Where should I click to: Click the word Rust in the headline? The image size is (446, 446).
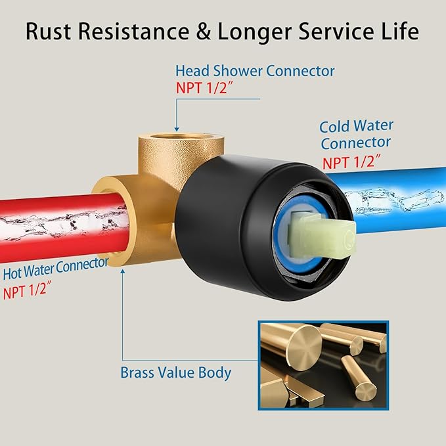pyautogui.click(x=48, y=31)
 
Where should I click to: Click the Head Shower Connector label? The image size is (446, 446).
pyautogui.click(x=255, y=71)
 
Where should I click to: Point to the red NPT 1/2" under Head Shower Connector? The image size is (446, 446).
pyautogui.click(x=204, y=87)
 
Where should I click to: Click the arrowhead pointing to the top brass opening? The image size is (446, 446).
pyautogui.click(x=177, y=129)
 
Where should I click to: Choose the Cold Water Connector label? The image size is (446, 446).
pyautogui.click(x=356, y=135)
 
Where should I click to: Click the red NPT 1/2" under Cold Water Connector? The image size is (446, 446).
pyautogui.click(x=351, y=162)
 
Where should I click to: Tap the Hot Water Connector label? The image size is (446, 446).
pyautogui.click(x=56, y=268)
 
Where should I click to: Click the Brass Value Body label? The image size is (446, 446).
pyautogui.click(x=176, y=372)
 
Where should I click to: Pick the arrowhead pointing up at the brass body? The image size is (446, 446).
pyautogui.click(x=123, y=271)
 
